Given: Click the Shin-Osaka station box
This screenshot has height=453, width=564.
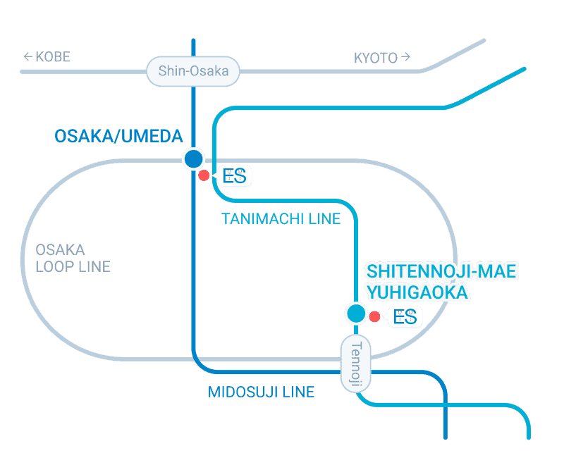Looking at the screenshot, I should [192, 71].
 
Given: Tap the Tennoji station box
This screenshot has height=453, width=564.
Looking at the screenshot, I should [355, 364].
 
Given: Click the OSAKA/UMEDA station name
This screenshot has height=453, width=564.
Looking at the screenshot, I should [118, 136].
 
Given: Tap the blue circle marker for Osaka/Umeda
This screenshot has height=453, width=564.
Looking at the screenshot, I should [192, 159].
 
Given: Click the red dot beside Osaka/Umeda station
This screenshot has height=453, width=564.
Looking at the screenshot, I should [204, 175].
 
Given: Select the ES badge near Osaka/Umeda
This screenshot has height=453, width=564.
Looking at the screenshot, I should [234, 175].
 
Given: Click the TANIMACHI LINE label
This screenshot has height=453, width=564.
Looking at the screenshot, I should [281, 219].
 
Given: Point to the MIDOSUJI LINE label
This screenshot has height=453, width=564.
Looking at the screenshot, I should [261, 392].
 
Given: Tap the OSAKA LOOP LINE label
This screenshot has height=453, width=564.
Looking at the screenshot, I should [72, 258].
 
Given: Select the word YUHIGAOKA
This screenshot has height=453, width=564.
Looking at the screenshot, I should [415, 292].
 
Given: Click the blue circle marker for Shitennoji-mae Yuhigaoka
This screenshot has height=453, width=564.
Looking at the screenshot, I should [355, 313].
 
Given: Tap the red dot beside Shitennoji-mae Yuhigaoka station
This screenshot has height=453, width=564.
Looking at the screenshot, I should [375, 317].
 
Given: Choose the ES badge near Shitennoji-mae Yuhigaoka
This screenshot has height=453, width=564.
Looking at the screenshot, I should [405, 317].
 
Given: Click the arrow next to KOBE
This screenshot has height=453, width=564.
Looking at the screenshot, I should [28, 57].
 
